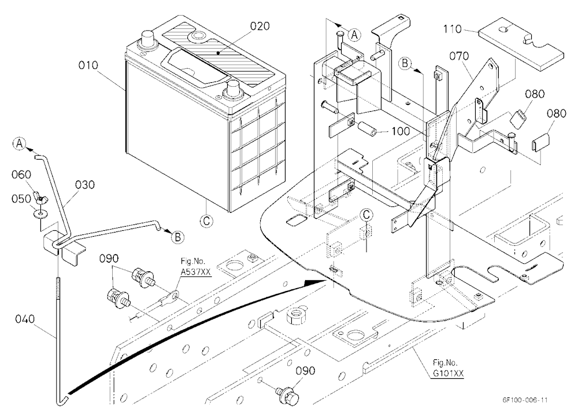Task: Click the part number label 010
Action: [x=88, y=66]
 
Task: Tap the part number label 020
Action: [x=260, y=27]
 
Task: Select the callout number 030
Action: [x=85, y=185]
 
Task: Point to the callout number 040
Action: [x=25, y=319]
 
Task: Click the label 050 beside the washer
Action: [x=21, y=199]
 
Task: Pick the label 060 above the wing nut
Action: [x=21, y=174]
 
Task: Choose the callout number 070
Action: [x=459, y=56]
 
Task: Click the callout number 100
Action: [x=400, y=131]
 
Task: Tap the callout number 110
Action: [x=452, y=29]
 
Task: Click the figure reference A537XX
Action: [x=195, y=272]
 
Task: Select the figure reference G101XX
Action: [x=448, y=373]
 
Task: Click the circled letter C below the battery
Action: [x=206, y=221]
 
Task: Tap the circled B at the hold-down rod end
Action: [x=177, y=237]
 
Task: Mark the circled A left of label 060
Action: [x=19, y=143]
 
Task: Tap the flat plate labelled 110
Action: [x=521, y=45]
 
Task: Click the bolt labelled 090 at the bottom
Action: [x=287, y=393]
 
